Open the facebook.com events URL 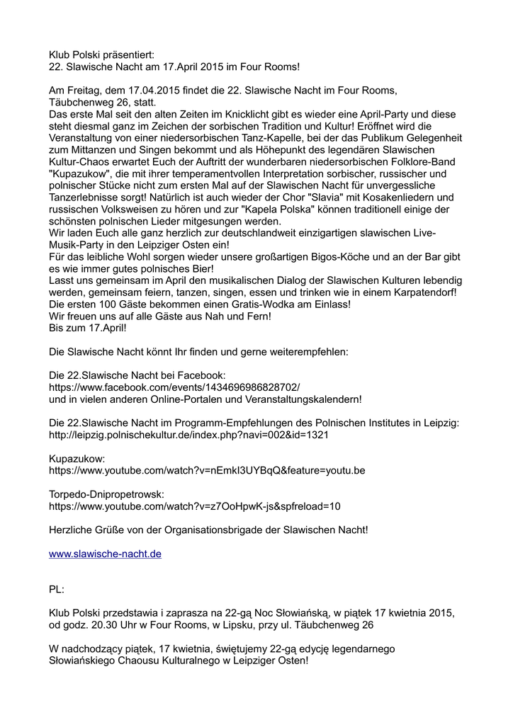[x=174, y=387]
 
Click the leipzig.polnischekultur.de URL [x=188, y=435]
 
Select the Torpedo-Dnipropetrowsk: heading [x=106, y=494]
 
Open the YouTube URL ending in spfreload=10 [x=195, y=506]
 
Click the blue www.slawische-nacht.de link [x=105, y=554]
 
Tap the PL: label [x=57, y=589]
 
